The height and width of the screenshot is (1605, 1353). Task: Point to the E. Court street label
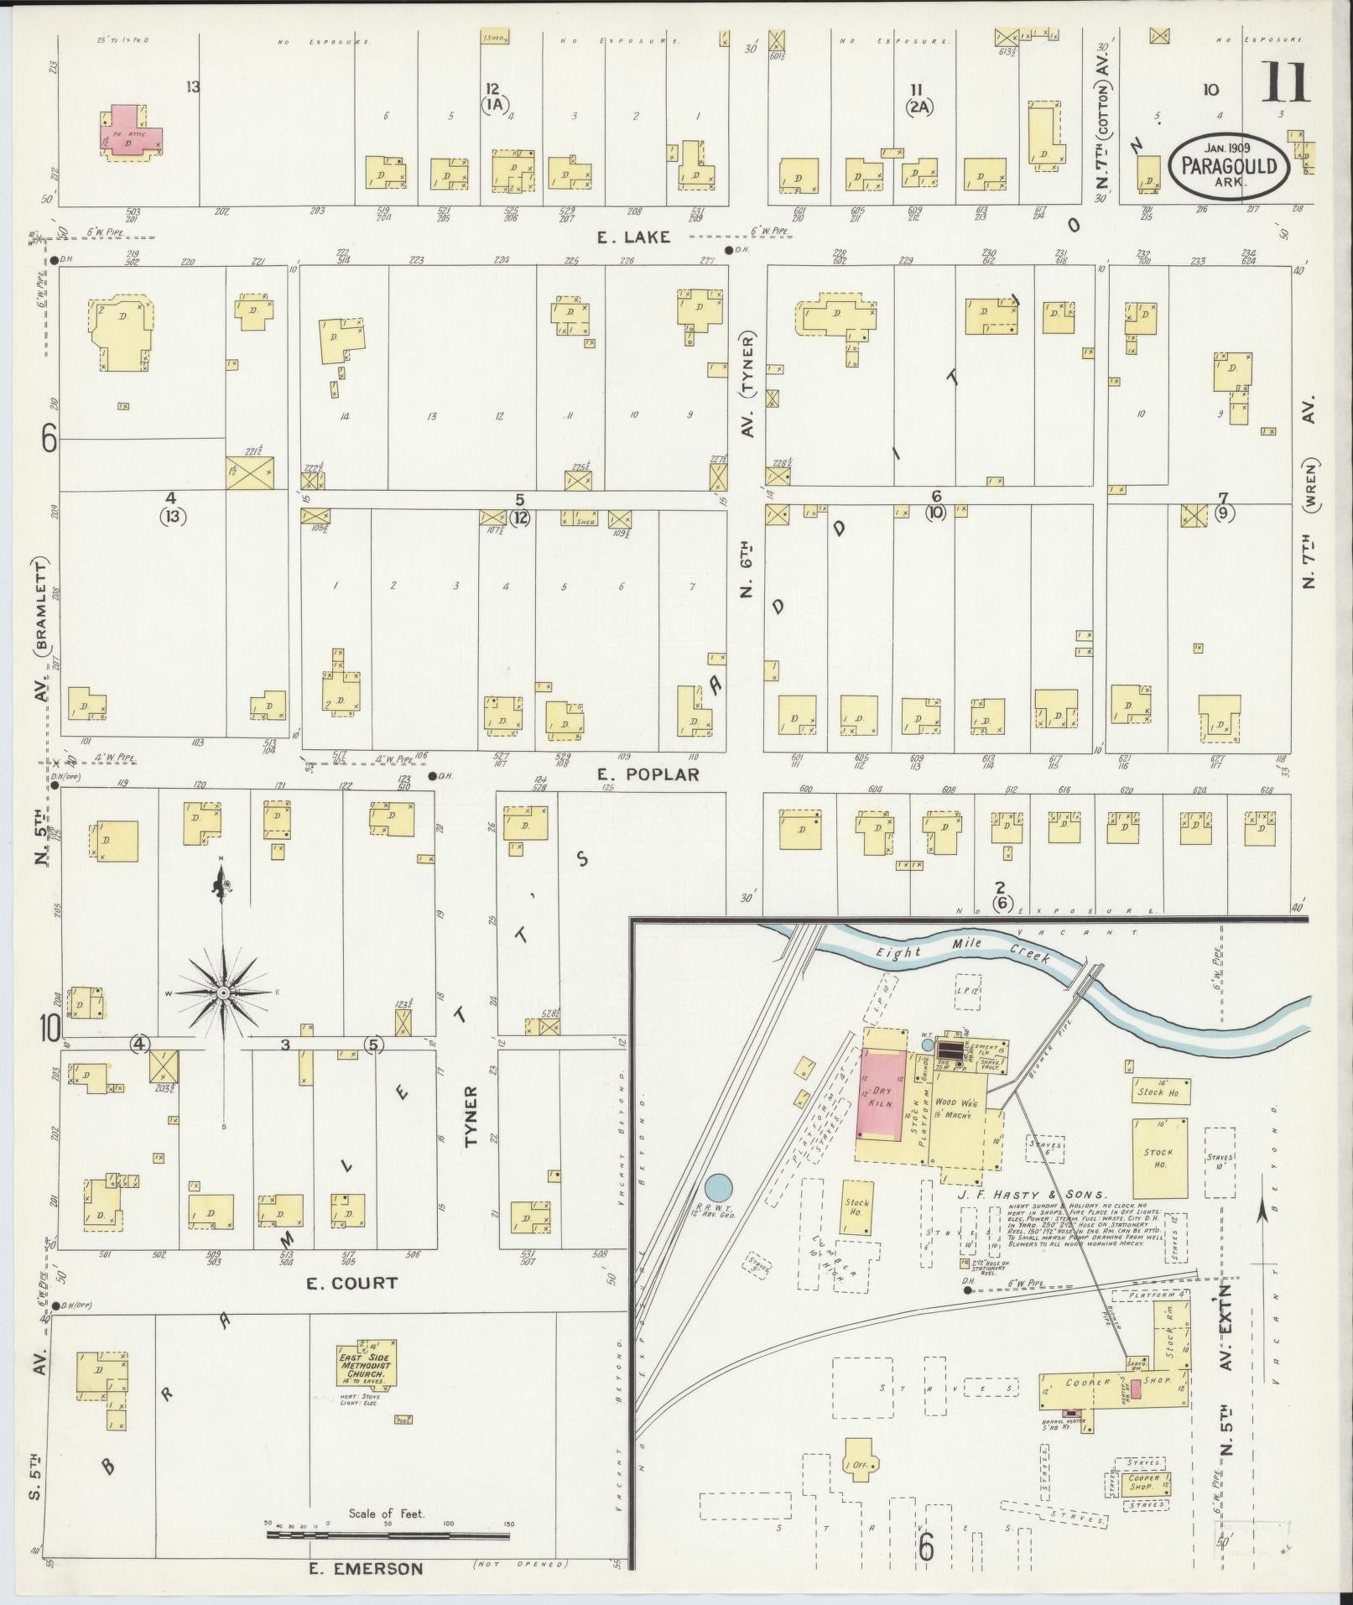[351, 1283]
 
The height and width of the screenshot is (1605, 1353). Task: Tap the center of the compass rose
[223, 993]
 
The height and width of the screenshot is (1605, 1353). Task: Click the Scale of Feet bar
[388, 1535]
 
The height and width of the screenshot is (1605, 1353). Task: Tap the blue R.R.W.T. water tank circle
[718, 1186]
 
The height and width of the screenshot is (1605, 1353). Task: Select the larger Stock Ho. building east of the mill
[1160, 1157]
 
